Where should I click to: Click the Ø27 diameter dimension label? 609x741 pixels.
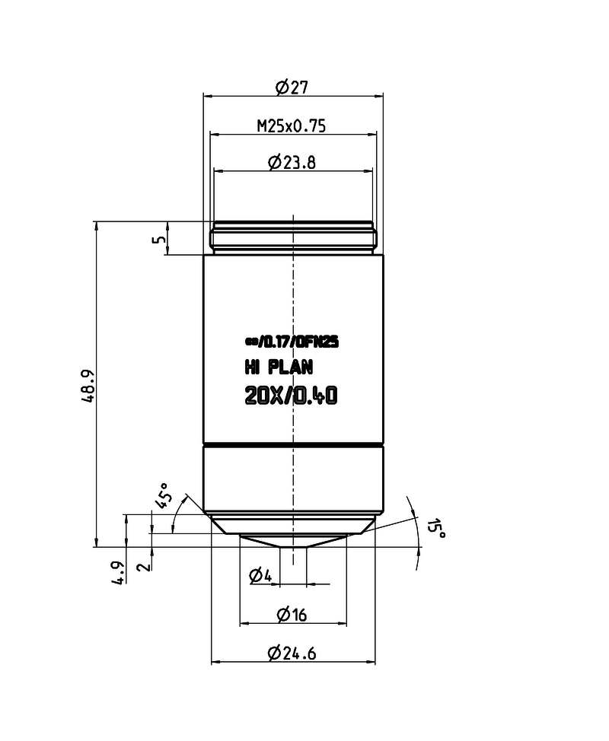292,87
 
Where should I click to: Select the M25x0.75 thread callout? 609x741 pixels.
292,126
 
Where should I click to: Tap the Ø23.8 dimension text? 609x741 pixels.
292,162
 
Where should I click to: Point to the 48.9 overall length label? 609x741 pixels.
88,386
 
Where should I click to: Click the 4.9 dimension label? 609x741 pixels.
118,572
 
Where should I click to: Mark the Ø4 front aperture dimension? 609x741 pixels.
260,575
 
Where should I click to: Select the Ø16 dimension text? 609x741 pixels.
292,615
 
